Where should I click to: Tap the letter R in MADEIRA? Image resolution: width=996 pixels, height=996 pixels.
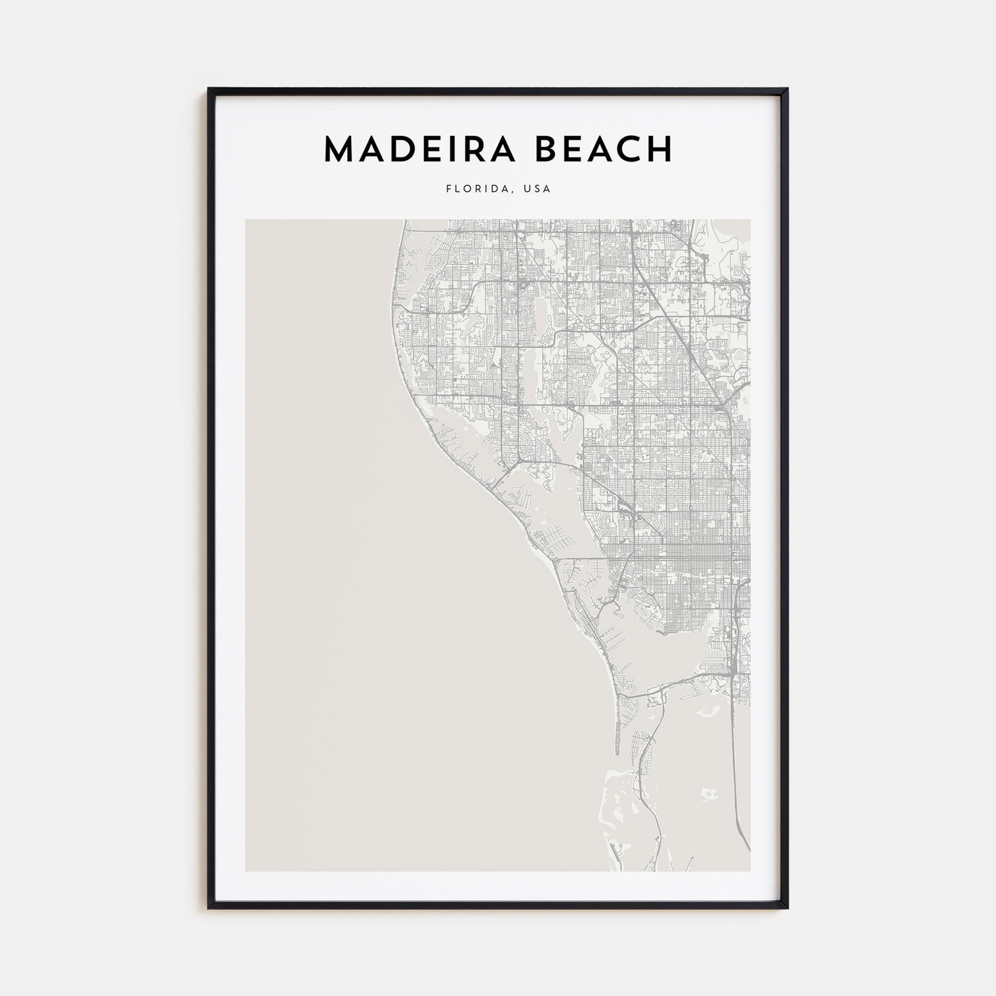pos(468,149)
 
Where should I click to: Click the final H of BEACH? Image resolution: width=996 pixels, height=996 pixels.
pos(658,149)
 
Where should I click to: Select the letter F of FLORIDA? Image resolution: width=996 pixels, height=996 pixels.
pos(449,189)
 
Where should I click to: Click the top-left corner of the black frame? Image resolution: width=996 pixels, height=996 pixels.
pos(208,89)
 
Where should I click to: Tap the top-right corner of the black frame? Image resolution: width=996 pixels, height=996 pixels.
pos(788,89)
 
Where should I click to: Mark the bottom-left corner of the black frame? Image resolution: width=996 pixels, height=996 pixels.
pos(208,908)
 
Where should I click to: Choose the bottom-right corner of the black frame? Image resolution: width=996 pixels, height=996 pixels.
pos(788,908)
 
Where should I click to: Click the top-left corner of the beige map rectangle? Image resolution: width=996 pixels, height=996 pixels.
pos(245,219)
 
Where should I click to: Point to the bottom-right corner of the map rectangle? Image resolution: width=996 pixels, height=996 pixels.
pos(750,871)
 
